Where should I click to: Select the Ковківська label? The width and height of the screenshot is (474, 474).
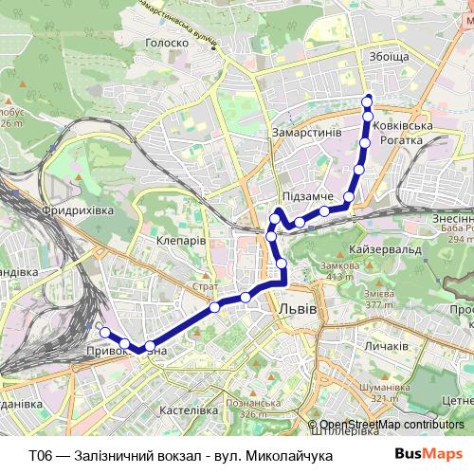pos(402,126)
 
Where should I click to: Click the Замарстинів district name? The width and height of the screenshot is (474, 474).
pos(305,133)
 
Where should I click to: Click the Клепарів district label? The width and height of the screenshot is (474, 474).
pos(180,241)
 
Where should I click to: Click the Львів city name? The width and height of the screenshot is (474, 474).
pos(299,309)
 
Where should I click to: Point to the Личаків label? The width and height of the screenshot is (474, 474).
pos(385,348)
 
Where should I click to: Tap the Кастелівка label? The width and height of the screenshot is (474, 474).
pos(191,410)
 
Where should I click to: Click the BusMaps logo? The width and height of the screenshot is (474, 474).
pos(428,455)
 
